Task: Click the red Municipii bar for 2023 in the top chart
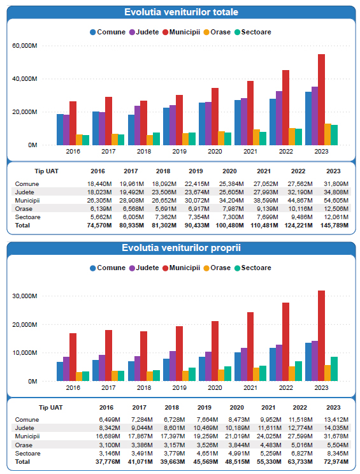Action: coord(321,100)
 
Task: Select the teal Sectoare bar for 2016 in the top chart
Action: coord(86,140)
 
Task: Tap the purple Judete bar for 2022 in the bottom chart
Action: coord(279,363)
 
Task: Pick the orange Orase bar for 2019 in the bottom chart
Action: coord(185,376)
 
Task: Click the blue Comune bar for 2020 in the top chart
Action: coord(202,124)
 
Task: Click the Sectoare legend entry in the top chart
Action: coord(253,32)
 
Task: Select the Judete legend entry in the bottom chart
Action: coord(144,268)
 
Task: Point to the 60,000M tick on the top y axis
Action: coord(25,46)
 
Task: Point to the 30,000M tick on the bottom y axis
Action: coord(25,296)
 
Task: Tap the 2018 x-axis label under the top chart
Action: coord(144,152)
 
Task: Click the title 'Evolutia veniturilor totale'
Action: coord(182,12)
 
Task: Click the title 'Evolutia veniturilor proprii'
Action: coord(182,248)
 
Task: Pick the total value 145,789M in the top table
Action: coord(335,226)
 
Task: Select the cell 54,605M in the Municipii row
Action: coord(336,201)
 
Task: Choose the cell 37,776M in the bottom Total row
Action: coord(108,462)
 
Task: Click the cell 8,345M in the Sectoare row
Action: coord(338,454)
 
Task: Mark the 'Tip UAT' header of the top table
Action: coord(47,171)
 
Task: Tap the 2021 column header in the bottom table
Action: coord(268,408)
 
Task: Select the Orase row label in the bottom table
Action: coord(24,445)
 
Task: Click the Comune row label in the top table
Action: coord(27,184)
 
